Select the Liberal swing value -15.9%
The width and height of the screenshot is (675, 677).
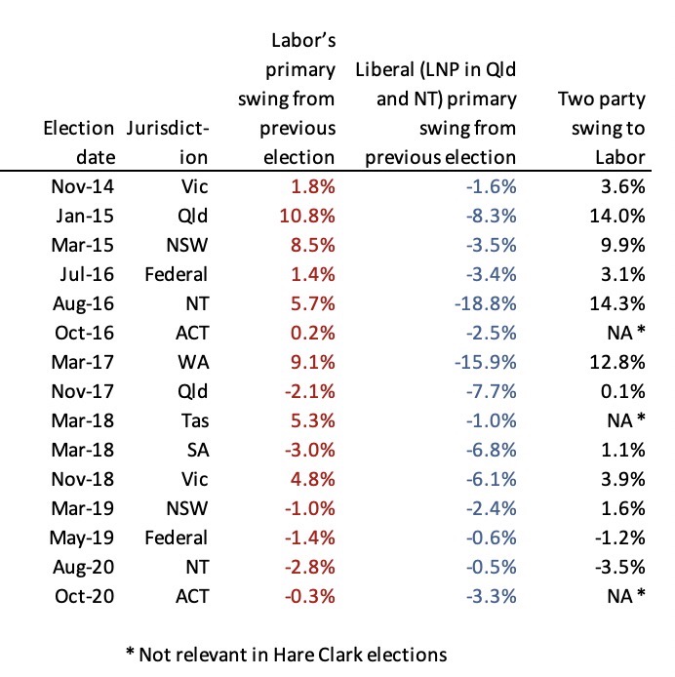[485, 360]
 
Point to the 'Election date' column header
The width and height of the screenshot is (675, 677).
[80, 141]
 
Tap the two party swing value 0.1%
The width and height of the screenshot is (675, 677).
[624, 391]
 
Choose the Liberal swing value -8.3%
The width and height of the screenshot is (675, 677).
[490, 214]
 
